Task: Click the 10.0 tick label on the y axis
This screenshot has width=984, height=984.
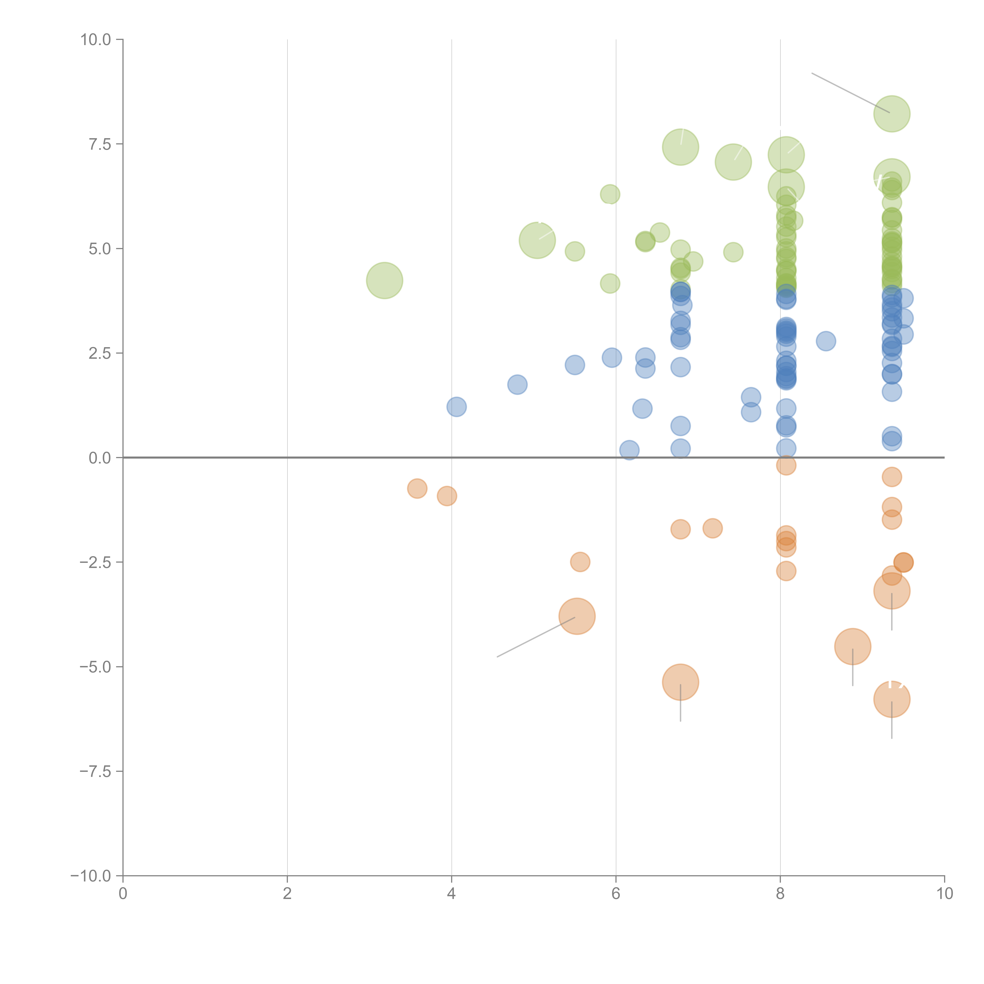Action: pyautogui.click(x=96, y=40)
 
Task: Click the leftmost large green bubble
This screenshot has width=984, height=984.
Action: pyautogui.click(x=385, y=281)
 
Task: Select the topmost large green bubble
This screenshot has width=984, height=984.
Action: pyautogui.click(x=891, y=114)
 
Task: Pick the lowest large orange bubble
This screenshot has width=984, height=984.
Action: pyautogui.click(x=891, y=699)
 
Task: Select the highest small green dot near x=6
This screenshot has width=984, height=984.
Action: pyautogui.click(x=610, y=194)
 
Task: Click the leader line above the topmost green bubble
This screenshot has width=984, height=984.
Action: pyautogui.click(x=851, y=93)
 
